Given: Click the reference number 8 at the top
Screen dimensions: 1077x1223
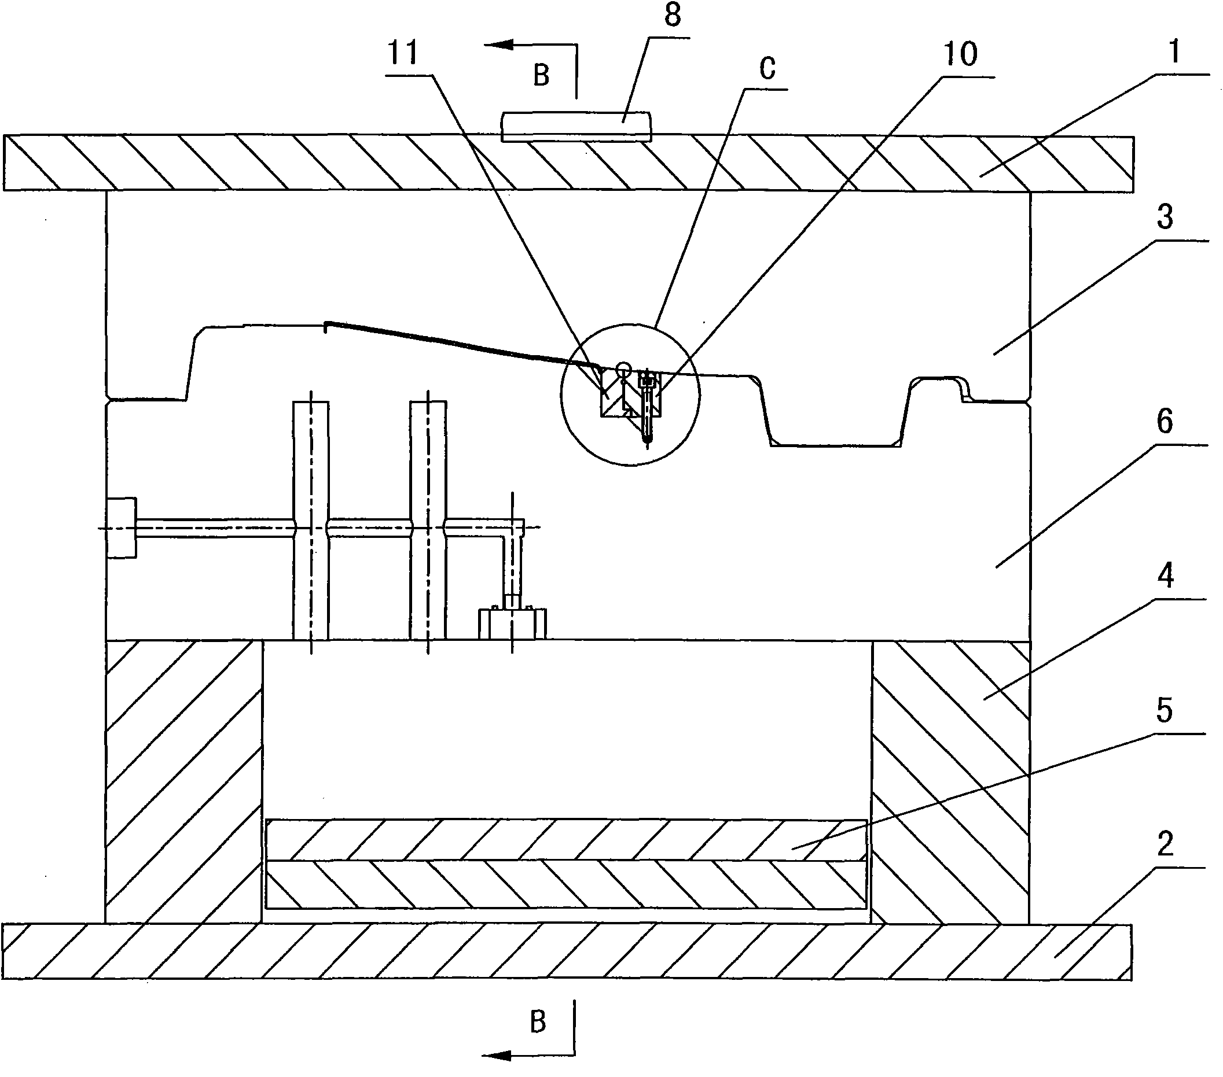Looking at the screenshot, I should pos(673,16).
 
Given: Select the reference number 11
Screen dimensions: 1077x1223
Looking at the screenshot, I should pos(403,54).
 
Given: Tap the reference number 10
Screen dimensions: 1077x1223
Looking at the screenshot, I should pos(960,55).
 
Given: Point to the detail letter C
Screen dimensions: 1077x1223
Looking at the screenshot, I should pos(767,69).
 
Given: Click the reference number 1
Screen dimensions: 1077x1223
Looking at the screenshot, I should pos(1174,52).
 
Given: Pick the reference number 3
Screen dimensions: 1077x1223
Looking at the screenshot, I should pos(1165,217).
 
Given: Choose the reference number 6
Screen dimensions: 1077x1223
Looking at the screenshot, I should pos(1165,422).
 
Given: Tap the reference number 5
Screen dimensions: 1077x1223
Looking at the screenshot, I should pos(1165,710).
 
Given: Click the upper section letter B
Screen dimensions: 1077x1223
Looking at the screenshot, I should pos(541,76).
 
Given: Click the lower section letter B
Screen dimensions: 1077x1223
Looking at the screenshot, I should pos(538,1022).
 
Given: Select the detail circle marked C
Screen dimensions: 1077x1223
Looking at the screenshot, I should pos(630,394).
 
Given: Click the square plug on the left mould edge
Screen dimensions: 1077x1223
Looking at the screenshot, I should pos(122,528).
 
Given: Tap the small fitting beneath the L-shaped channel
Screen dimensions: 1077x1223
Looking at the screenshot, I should pos(512,624).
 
